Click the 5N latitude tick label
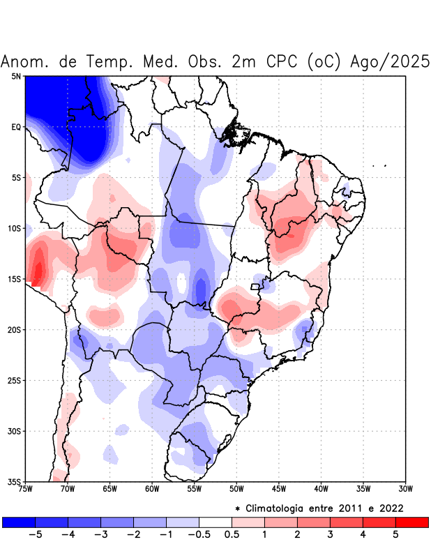coord(15,76)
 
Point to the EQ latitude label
coord(15,127)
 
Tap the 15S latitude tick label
coord(14,279)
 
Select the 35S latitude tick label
coord(14,481)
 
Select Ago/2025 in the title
coord(388,61)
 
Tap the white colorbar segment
coord(215,522)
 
